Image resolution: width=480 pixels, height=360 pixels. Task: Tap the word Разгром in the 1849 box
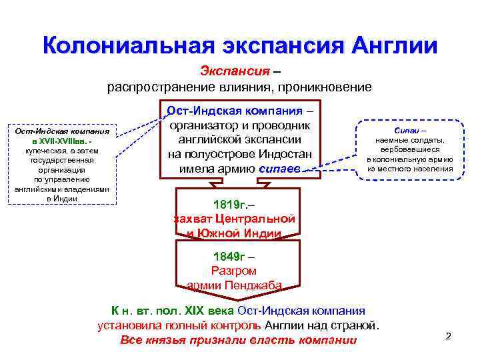point(233,271)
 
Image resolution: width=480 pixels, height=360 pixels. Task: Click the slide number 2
point(448,335)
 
